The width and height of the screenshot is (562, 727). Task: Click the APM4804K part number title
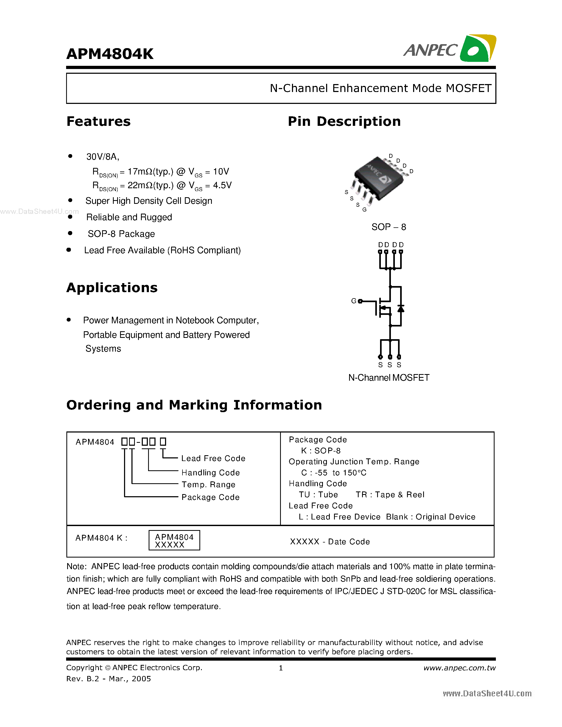(x=110, y=54)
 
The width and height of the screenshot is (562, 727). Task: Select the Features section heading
(x=99, y=122)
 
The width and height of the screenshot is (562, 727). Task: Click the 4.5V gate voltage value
(x=222, y=185)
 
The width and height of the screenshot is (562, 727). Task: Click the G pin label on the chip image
(x=364, y=210)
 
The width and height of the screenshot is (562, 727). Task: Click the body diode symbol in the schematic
(x=401, y=309)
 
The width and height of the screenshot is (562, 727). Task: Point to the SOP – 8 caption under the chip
(x=389, y=227)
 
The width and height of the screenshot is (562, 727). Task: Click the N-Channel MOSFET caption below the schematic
(x=389, y=378)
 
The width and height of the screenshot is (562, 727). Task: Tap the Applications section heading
(x=112, y=288)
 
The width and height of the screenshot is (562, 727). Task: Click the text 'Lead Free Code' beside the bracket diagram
(x=213, y=458)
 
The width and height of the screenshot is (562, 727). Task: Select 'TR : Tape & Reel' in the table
(x=390, y=495)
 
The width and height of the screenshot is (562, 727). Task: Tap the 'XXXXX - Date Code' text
(x=330, y=542)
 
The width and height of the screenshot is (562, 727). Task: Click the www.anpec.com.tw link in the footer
(x=459, y=668)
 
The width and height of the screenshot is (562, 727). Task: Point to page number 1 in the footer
(x=281, y=668)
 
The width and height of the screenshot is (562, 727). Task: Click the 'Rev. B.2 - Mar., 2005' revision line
(x=108, y=679)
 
